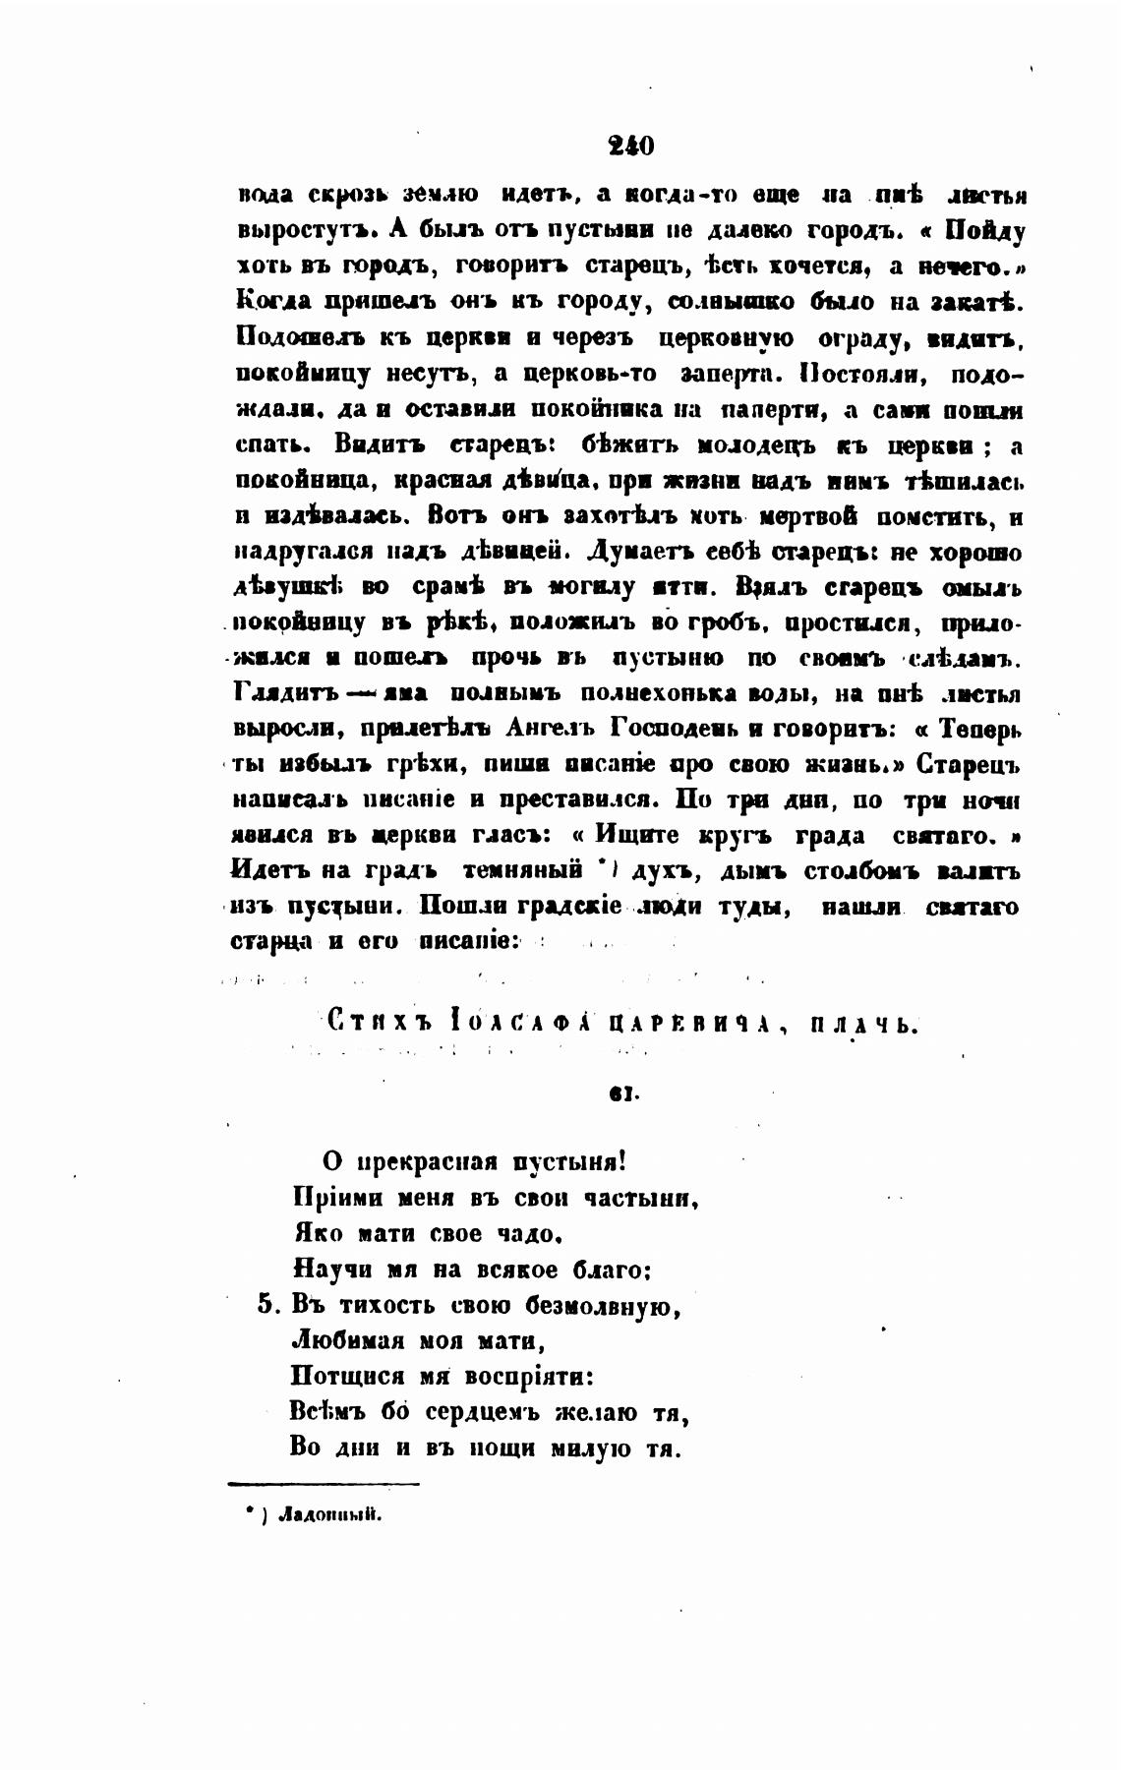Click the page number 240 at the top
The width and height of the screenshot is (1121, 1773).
(x=630, y=147)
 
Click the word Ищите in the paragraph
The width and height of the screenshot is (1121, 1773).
(x=638, y=836)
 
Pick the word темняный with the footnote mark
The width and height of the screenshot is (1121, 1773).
(x=519, y=870)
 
